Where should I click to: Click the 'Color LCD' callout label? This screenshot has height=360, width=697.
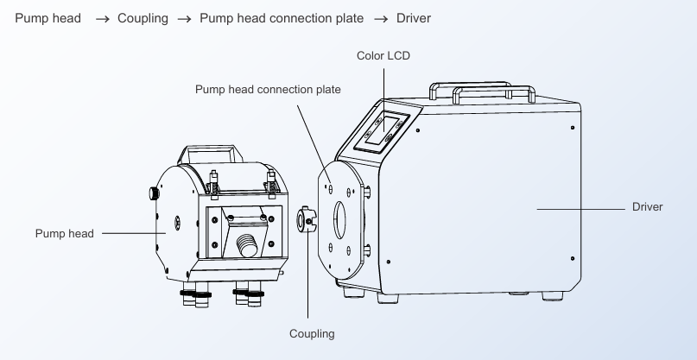383,55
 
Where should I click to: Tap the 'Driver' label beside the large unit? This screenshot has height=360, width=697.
647,206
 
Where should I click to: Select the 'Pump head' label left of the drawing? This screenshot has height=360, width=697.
65,233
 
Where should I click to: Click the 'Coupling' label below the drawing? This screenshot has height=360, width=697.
312,334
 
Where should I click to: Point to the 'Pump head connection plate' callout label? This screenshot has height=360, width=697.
268,89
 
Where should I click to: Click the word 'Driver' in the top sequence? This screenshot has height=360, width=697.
414,18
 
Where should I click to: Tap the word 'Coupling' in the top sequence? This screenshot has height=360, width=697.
143,18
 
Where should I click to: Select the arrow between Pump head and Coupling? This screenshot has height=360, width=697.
102,19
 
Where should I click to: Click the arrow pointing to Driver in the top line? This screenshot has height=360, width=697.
381,19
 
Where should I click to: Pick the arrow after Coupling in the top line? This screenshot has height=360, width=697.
185,19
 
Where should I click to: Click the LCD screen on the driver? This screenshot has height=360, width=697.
382,129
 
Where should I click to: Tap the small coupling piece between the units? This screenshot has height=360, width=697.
307,219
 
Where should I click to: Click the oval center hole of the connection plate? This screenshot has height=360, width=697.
340,219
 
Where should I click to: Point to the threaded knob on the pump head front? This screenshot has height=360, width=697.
247,245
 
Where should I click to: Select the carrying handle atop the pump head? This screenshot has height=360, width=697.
210,154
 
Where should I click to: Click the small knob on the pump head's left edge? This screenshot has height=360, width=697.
154,193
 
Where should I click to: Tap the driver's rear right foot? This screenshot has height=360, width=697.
553,295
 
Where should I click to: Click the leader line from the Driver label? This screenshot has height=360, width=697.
580,209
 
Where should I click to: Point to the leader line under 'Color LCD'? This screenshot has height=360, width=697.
384,100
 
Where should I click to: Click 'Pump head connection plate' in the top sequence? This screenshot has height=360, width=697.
282,18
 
